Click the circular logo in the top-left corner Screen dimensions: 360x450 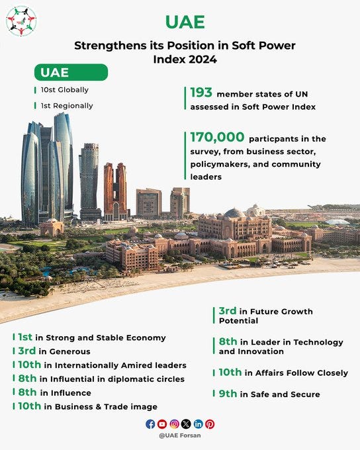21,21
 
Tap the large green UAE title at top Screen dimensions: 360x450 185,22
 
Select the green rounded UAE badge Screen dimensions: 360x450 71,72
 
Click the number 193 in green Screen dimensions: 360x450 201,93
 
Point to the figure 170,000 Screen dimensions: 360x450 216,138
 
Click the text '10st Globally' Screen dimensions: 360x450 64,90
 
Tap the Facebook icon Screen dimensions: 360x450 150,424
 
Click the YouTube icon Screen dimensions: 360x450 162,424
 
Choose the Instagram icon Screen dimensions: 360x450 174,424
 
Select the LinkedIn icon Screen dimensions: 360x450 198,424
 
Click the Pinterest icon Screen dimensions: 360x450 210,424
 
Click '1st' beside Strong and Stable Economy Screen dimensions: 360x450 25,337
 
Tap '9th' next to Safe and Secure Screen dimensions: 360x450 228,394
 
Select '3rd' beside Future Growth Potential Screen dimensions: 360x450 228,311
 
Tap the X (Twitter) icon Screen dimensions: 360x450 186,424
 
